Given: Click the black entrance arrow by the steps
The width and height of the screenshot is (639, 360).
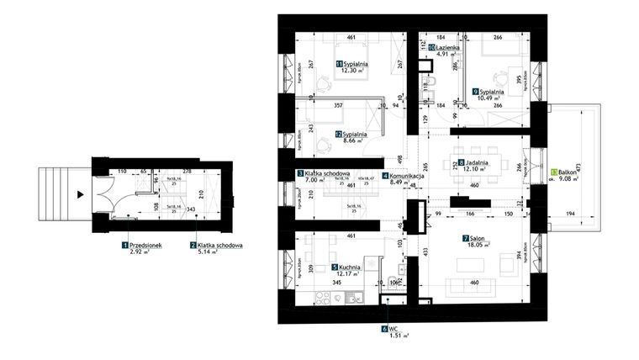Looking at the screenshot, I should coord(79,193).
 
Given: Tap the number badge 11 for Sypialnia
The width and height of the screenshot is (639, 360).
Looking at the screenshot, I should coord(339,64).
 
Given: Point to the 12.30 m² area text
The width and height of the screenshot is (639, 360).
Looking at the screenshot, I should coord(353,71).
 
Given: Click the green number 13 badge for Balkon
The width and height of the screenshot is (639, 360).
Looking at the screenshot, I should coord(552,171).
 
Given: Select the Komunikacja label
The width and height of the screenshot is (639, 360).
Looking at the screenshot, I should coord(406,177).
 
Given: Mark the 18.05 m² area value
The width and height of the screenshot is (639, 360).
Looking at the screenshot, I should coord(478,248).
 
